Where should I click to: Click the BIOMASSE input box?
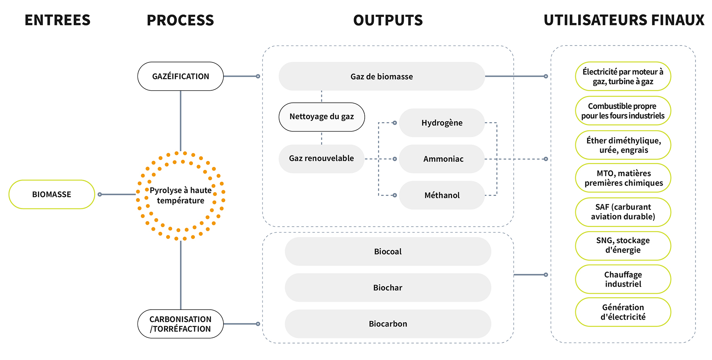point(52,194)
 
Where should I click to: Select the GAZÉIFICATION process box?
point(180,76)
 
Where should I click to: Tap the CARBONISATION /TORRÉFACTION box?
point(180,324)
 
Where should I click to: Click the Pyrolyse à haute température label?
point(180,195)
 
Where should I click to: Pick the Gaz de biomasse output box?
point(381,76)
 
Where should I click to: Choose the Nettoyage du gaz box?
point(322,117)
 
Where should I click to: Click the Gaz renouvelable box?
point(321,158)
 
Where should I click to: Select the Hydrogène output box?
point(442,123)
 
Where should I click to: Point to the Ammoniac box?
point(443,159)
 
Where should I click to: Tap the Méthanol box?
point(442,195)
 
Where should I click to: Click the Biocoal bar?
point(388,252)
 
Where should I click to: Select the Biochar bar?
point(388,287)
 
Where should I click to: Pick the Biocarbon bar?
point(388,324)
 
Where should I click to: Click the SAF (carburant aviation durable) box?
point(623,212)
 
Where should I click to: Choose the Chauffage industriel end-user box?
point(623,279)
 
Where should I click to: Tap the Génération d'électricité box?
point(623,312)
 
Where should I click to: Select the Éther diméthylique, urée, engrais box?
point(623,145)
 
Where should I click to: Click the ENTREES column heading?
point(57,20)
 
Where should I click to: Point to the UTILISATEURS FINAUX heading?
point(624,20)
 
